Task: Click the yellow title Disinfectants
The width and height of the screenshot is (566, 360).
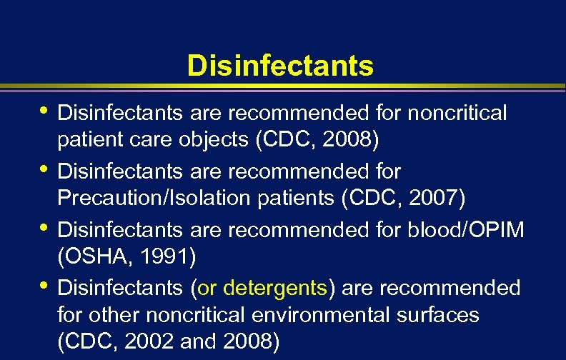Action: [x=280, y=66]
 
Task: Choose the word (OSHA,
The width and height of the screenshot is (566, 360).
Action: [x=91, y=255]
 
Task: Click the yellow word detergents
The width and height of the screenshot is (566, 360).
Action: [x=275, y=288]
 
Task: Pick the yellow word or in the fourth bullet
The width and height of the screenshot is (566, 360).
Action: [x=208, y=288]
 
